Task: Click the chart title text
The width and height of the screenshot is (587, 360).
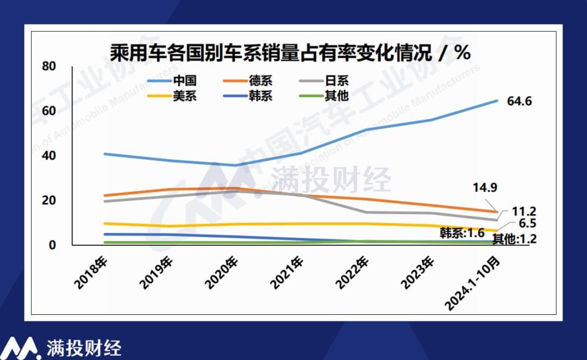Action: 290,53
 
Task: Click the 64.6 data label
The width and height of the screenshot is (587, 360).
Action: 519,101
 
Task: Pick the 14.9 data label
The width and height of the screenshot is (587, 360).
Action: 485,188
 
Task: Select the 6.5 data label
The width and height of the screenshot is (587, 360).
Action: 524,224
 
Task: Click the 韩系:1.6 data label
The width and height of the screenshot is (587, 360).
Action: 461,233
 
